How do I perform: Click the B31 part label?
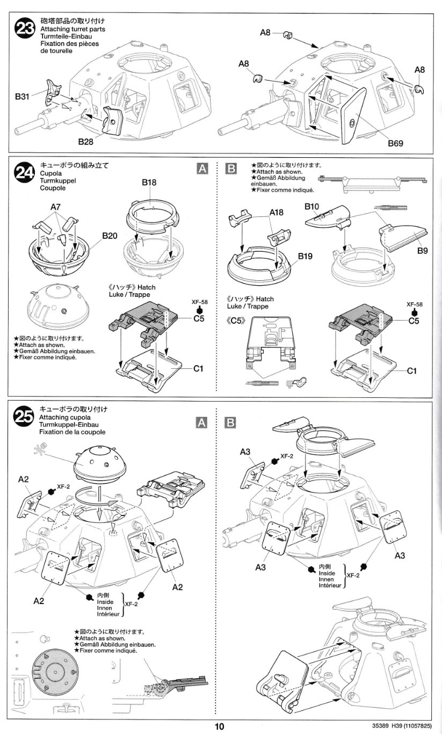pos(23,97)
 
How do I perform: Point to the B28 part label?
pos(86,142)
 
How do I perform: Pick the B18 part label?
pos(149,183)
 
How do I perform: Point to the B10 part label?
pos(312,206)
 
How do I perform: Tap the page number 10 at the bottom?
pos(219,726)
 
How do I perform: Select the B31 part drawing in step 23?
pos(53,91)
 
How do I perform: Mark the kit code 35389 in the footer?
pos(382,726)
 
